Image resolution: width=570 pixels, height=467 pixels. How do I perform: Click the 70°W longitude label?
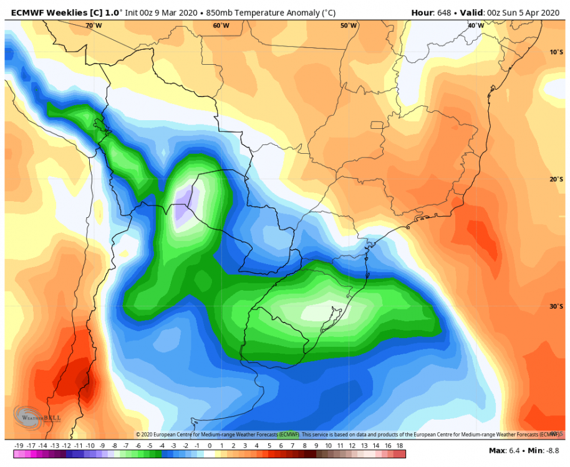click(94, 26)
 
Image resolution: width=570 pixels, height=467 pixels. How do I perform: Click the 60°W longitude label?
click(221, 26)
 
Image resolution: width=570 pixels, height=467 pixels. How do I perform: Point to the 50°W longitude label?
click(349, 26)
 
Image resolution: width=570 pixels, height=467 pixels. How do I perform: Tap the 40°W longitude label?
click(476, 26)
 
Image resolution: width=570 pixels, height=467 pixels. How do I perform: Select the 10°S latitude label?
click(556, 52)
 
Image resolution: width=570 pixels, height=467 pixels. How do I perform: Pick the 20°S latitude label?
click(556, 179)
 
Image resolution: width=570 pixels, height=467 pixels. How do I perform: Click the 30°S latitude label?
click(556, 306)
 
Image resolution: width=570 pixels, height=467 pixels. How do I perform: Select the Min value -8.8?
click(551, 450)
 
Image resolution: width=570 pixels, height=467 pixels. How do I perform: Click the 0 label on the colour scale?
click(210, 446)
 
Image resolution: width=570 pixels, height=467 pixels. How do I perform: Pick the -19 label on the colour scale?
click(19, 446)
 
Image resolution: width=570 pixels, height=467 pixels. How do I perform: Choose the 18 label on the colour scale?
click(400, 446)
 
